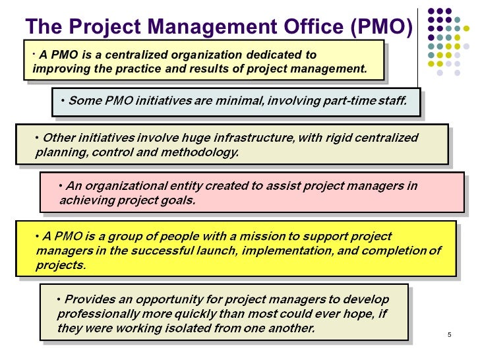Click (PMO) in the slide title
click(x=381, y=26)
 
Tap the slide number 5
click(x=449, y=335)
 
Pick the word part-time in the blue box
click(x=338, y=101)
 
